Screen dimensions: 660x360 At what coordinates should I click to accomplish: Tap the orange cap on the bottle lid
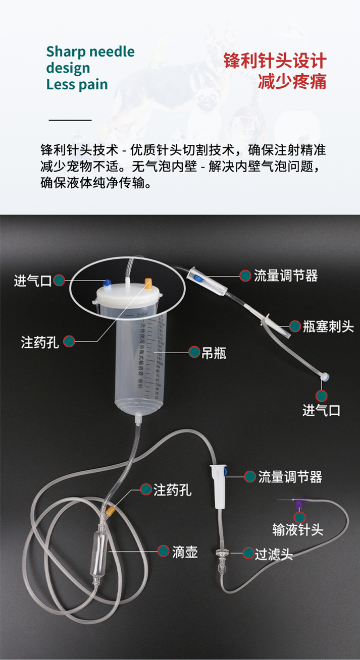[148, 282]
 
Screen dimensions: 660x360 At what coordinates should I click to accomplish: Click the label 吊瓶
[214, 353]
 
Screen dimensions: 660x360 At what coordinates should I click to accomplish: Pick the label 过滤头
[274, 554]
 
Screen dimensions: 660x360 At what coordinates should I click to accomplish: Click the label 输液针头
[297, 530]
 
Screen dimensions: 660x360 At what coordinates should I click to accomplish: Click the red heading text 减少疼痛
[292, 81]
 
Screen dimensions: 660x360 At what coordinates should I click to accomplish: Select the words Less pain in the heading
[77, 84]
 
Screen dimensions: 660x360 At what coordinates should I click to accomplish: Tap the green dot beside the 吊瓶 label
[194, 352]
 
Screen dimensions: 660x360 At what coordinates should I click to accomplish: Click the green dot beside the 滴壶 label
[164, 552]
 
